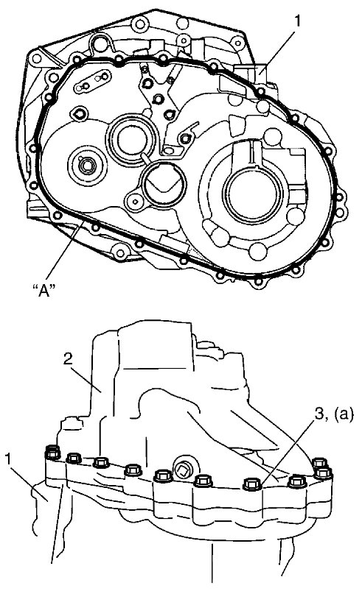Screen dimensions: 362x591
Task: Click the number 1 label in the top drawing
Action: coord(298,21)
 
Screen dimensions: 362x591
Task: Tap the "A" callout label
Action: coord(44,290)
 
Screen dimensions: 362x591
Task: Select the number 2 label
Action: coord(68,359)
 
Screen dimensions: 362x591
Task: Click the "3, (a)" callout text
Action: coord(333,414)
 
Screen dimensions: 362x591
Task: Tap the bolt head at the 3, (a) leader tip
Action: coord(253,484)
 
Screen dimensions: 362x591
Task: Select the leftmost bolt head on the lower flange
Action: coord(53,453)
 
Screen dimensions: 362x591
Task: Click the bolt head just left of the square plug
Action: coord(164,475)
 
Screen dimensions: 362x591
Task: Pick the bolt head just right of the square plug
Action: coord(203,480)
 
